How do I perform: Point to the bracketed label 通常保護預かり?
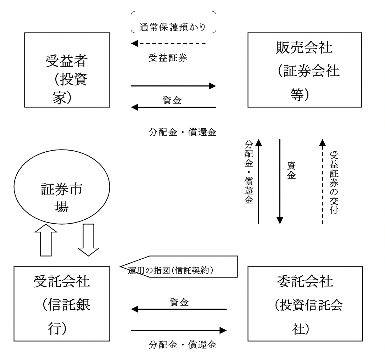pyautogui.click(x=173, y=27)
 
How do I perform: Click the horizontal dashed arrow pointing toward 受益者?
pyautogui.click(x=168, y=44)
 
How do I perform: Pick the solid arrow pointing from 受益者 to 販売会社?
pyautogui.click(x=173, y=86)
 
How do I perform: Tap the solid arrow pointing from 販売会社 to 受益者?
pyautogui.click(x=173, y=107)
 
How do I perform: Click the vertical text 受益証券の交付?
pyautogui.click(x=333, y=182)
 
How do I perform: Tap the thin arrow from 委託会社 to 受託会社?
pyautogui.click(x=179, y=309)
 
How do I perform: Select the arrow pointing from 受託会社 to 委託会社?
pyautogui.click(x=179, y=331)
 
